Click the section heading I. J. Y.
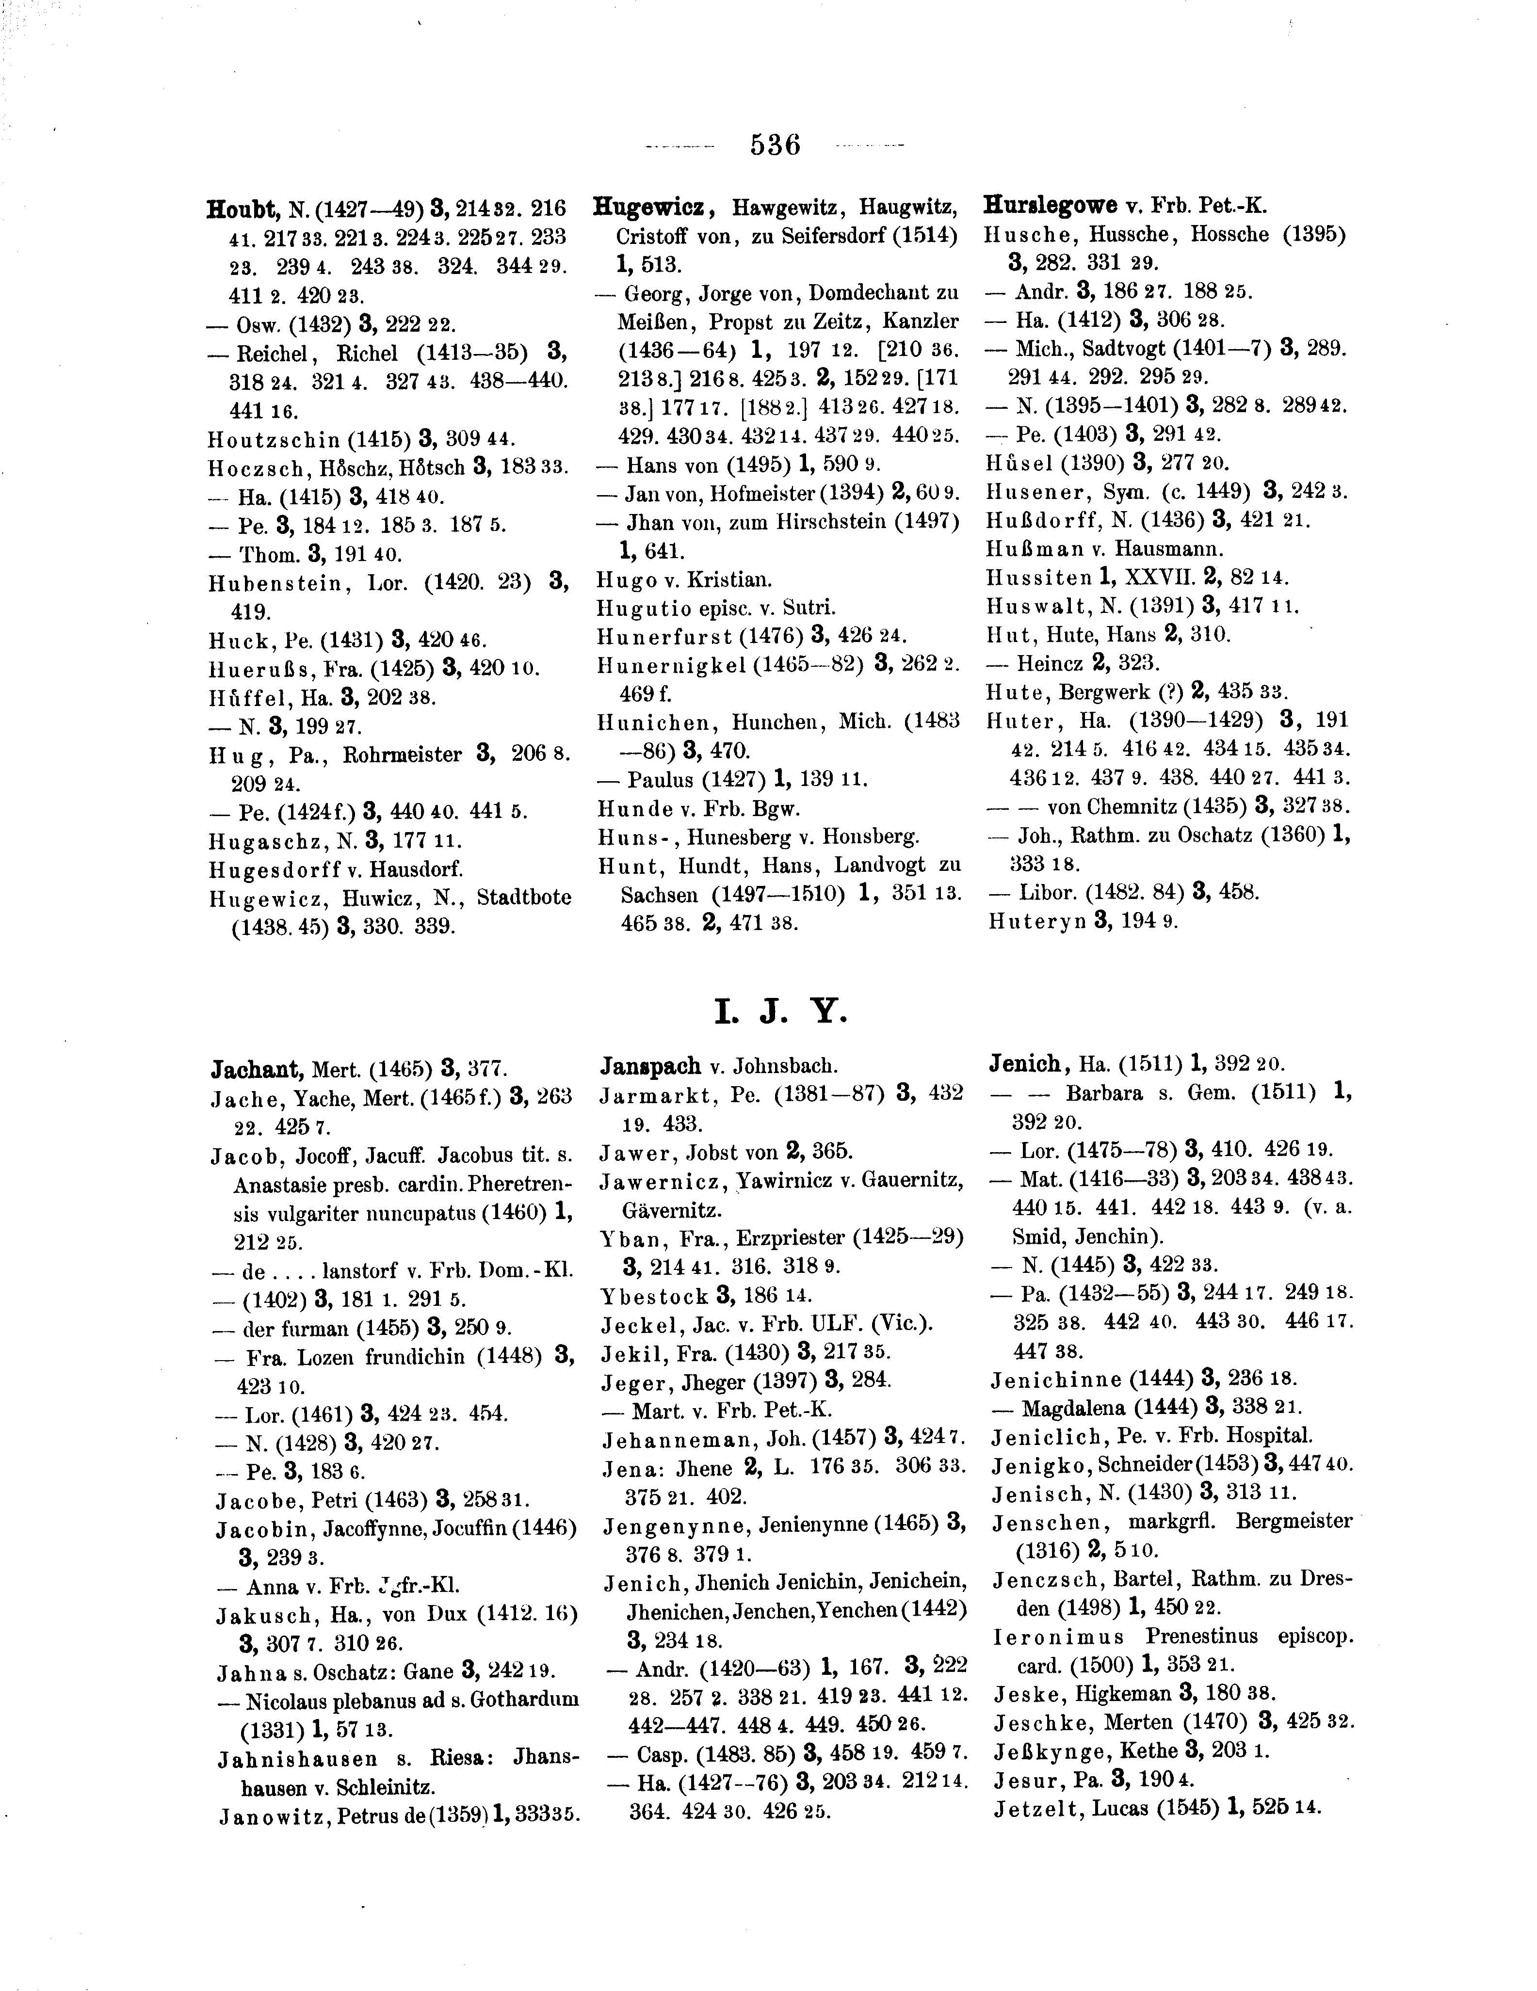click(780, 1012)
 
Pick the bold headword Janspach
click(650, 1066)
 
